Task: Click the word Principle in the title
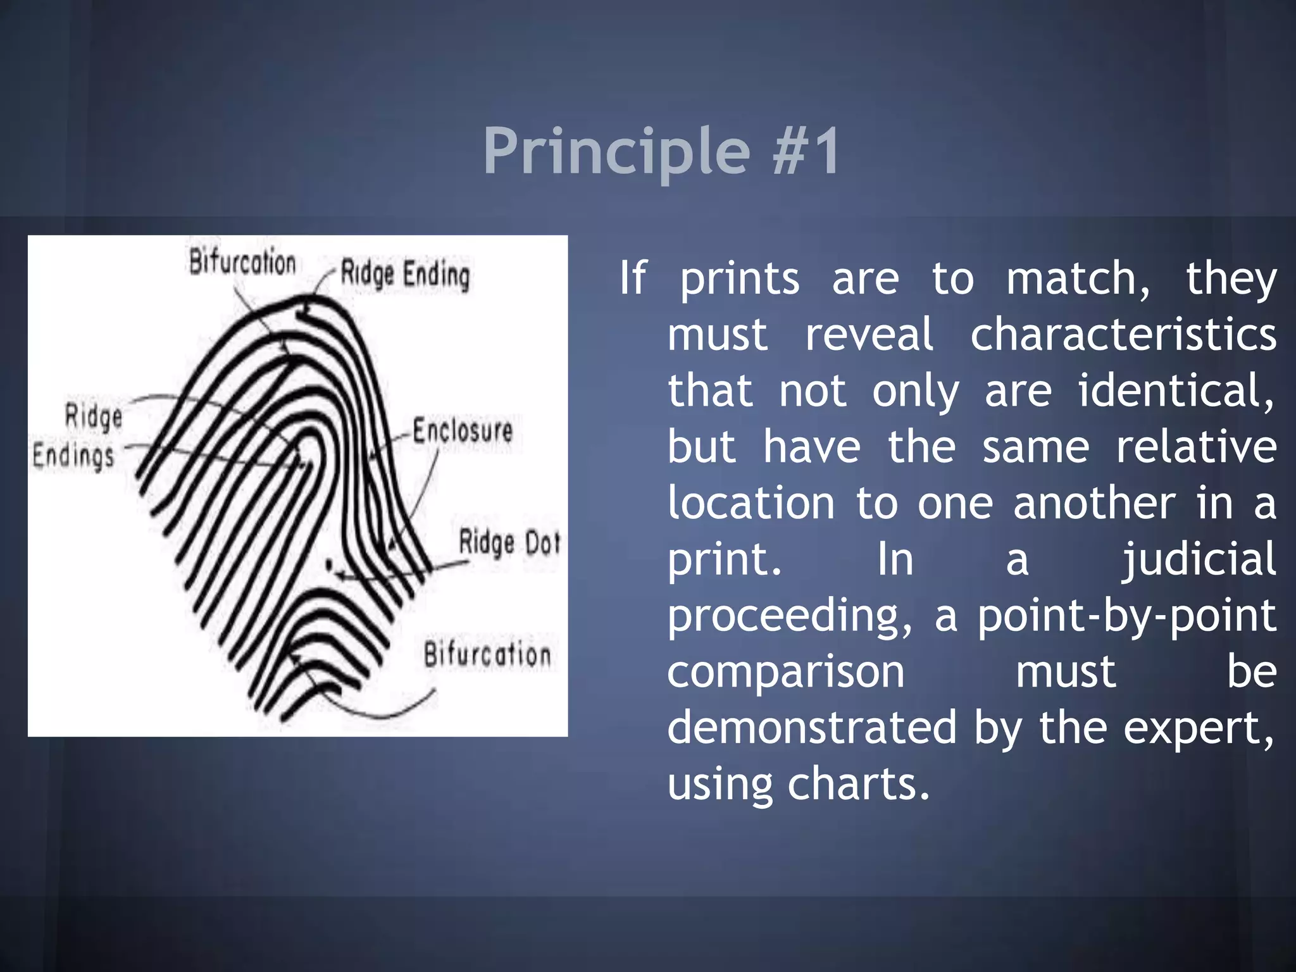tap(616, 152)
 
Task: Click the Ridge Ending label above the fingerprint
tap(405, 274)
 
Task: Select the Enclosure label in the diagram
tap(463, 431)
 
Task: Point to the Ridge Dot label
tap(509, 542)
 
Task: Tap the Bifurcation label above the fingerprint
tap(242, 262)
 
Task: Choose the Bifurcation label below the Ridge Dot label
tap(487, 654)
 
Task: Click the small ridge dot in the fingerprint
tap(328, 563)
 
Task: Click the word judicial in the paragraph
tap(1199, 559)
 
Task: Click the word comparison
tap(785, 672)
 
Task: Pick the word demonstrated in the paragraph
tap(812, 728)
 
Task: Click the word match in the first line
tap(1078, 278)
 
